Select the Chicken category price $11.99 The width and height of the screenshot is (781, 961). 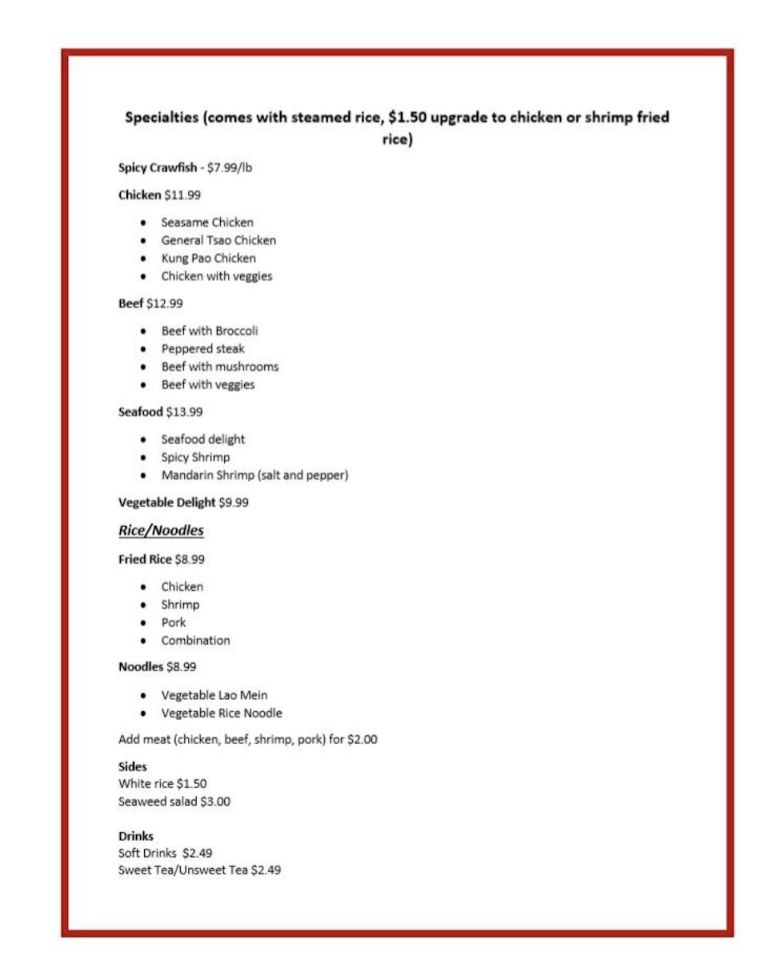182,195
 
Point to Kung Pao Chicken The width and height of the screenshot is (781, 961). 209,258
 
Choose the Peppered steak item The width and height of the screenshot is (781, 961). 203,348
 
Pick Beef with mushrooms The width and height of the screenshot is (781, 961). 220,367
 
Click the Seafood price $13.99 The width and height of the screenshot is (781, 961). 184,412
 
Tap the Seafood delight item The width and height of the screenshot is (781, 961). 203,439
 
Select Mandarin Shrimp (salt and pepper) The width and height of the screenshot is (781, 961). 254,475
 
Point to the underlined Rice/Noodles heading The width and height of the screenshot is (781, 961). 161,530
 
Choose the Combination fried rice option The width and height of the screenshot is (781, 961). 195,640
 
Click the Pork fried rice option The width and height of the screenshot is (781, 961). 174,622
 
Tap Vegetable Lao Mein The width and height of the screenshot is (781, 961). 214,694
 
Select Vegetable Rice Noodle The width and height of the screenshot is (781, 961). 222,713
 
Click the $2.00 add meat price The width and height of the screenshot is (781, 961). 362,740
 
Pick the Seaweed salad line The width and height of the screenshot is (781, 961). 174,801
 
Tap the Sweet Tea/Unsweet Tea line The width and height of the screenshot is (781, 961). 199,871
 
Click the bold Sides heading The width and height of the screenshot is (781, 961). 133,767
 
